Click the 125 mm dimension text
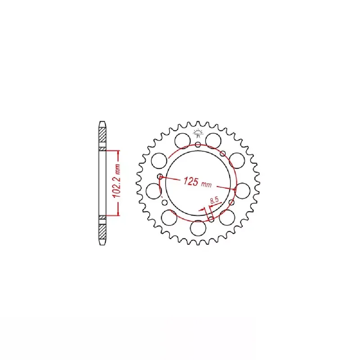coord(198,182)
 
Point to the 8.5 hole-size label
coord(214,200)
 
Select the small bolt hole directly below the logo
coord(198,144)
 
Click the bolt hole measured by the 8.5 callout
coord(211,220)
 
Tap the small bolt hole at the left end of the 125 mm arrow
coord(160,176)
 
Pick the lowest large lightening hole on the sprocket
coord(198,228)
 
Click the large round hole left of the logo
coord(183,141)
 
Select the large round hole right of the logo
coord(213,141)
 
